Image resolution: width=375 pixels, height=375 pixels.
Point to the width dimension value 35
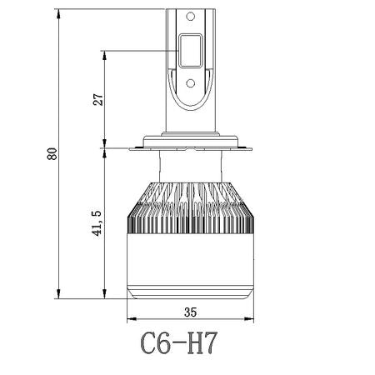(x=190, y=312)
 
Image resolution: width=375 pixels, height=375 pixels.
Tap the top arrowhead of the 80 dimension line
(x=60, y=12)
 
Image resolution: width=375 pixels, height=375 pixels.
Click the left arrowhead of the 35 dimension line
(x=130, y=320)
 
